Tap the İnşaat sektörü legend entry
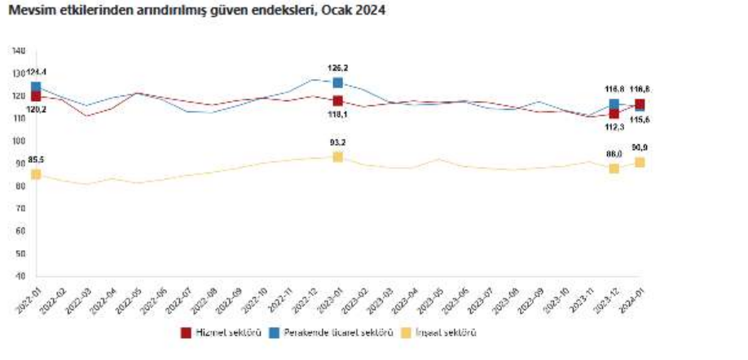click(x=441, y=333)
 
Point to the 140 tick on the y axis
click(x=20, y=51)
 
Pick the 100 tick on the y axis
click(x=20, y=141)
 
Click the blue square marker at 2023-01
click(x=338, y=82)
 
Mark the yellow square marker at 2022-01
click(x=36, y=174)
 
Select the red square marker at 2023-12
click(x=614, y=113)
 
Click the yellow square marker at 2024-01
click(x=640, y=162)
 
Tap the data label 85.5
click(x=36, y=159)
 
